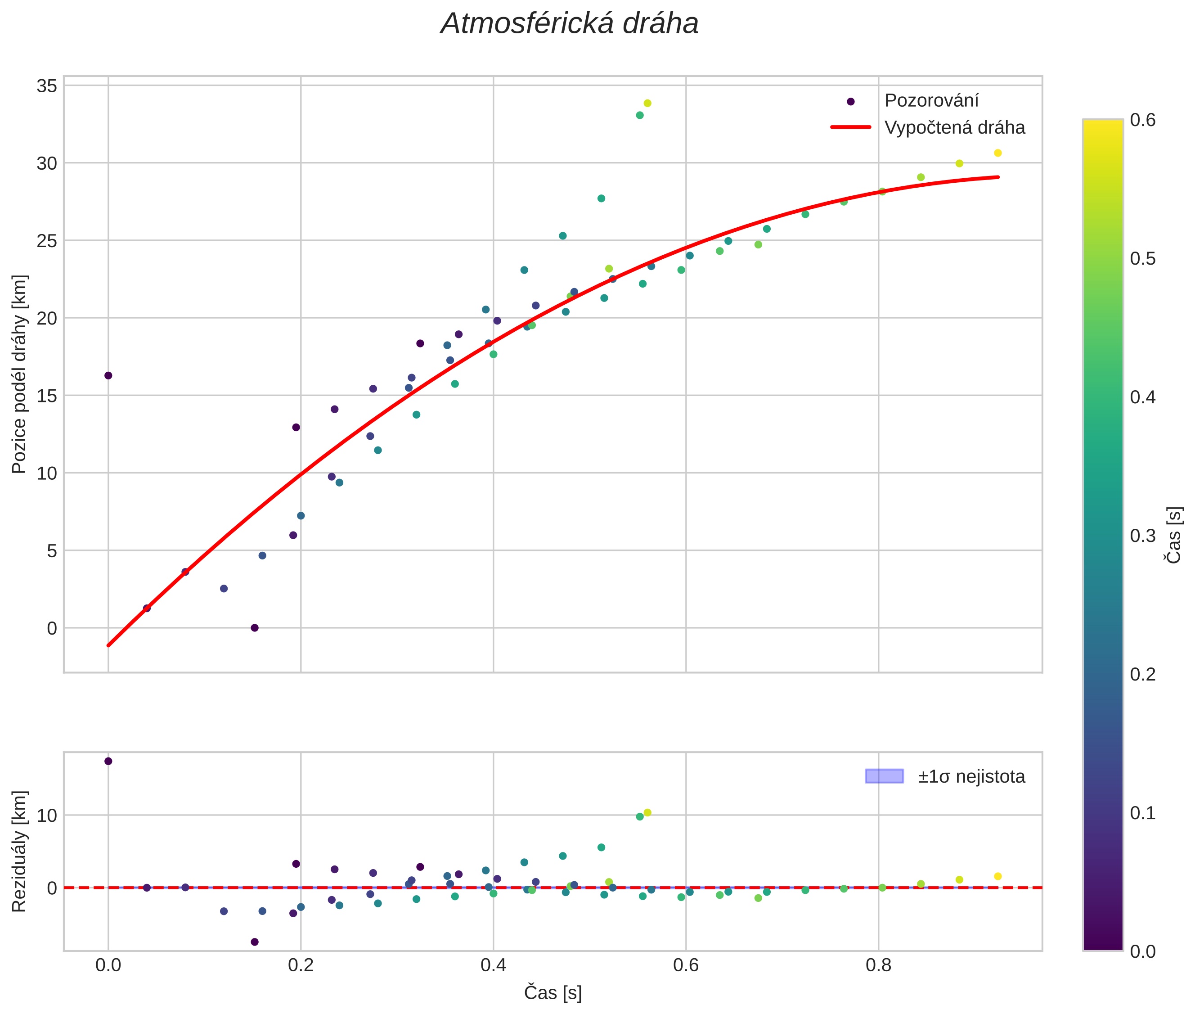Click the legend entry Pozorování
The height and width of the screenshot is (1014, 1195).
coord(931,101)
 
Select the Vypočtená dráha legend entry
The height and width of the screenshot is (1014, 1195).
coord(954,128)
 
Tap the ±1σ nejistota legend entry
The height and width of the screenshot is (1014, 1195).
coord(971,777)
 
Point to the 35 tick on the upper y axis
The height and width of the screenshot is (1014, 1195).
coord(47,86)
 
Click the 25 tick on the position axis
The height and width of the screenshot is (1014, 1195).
coord(47,241)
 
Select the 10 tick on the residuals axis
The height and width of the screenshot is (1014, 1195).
coord(47,815)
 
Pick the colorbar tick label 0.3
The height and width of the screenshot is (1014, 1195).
coord(1143,536)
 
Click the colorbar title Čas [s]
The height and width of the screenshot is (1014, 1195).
coord(1175,535)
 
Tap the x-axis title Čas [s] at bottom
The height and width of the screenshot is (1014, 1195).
coord(553,993)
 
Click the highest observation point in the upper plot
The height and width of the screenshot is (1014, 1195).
coord(647,104)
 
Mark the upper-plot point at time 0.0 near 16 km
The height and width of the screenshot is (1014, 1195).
coord(108,375)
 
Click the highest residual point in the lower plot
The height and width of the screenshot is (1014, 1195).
coord(108,761)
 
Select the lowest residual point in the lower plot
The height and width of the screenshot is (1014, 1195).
coord(255,942)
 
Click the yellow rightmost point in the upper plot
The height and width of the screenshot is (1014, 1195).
coord(998,153)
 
